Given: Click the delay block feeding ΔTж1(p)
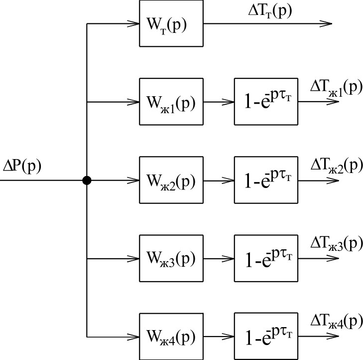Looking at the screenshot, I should (x=266, y=102).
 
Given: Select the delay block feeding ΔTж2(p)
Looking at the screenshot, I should (x=266, y=180).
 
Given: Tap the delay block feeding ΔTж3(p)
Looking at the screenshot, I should (x=266, y=258).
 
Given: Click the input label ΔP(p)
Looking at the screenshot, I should (x=22, y=165).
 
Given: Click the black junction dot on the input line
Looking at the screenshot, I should (x=87, y=180).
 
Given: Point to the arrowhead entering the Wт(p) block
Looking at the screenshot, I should (x=133, y=24).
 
